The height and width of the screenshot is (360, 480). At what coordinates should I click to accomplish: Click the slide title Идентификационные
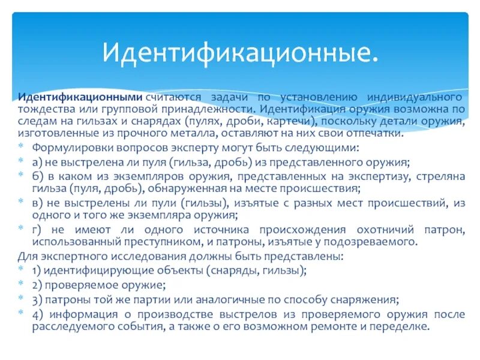[240, 53]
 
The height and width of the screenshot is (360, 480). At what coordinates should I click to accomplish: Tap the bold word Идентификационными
[79, 97]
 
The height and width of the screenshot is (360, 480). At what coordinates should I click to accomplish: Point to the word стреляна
[442, 176]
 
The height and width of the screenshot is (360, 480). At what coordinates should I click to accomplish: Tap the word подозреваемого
[372, 242]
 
